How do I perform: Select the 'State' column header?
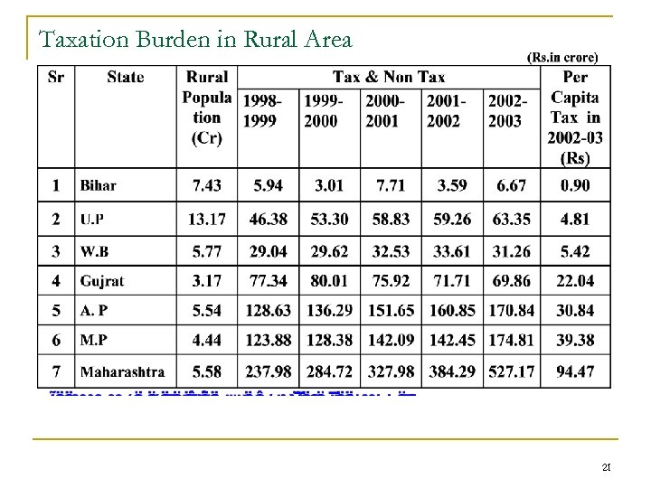click(x=125, y=78)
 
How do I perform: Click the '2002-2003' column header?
click(x=505, y=111)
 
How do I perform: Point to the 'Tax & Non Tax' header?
click(x=389, y=77)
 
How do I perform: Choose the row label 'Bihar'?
click(x=99, y=186)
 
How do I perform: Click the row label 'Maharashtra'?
click(x=122, y=371)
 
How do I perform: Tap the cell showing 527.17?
click(x=512, y=371)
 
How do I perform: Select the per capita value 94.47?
click(x=575, y=371)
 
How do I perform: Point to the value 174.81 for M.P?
click(x=512, y=341)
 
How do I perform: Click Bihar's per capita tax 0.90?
click(x=575, y=186)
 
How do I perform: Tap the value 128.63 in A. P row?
click(x=268, y=310)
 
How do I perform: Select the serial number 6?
click(x=57, y=341)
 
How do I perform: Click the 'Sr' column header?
click(x=57, y=78)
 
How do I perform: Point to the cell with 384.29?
click(x=450, y=371)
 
